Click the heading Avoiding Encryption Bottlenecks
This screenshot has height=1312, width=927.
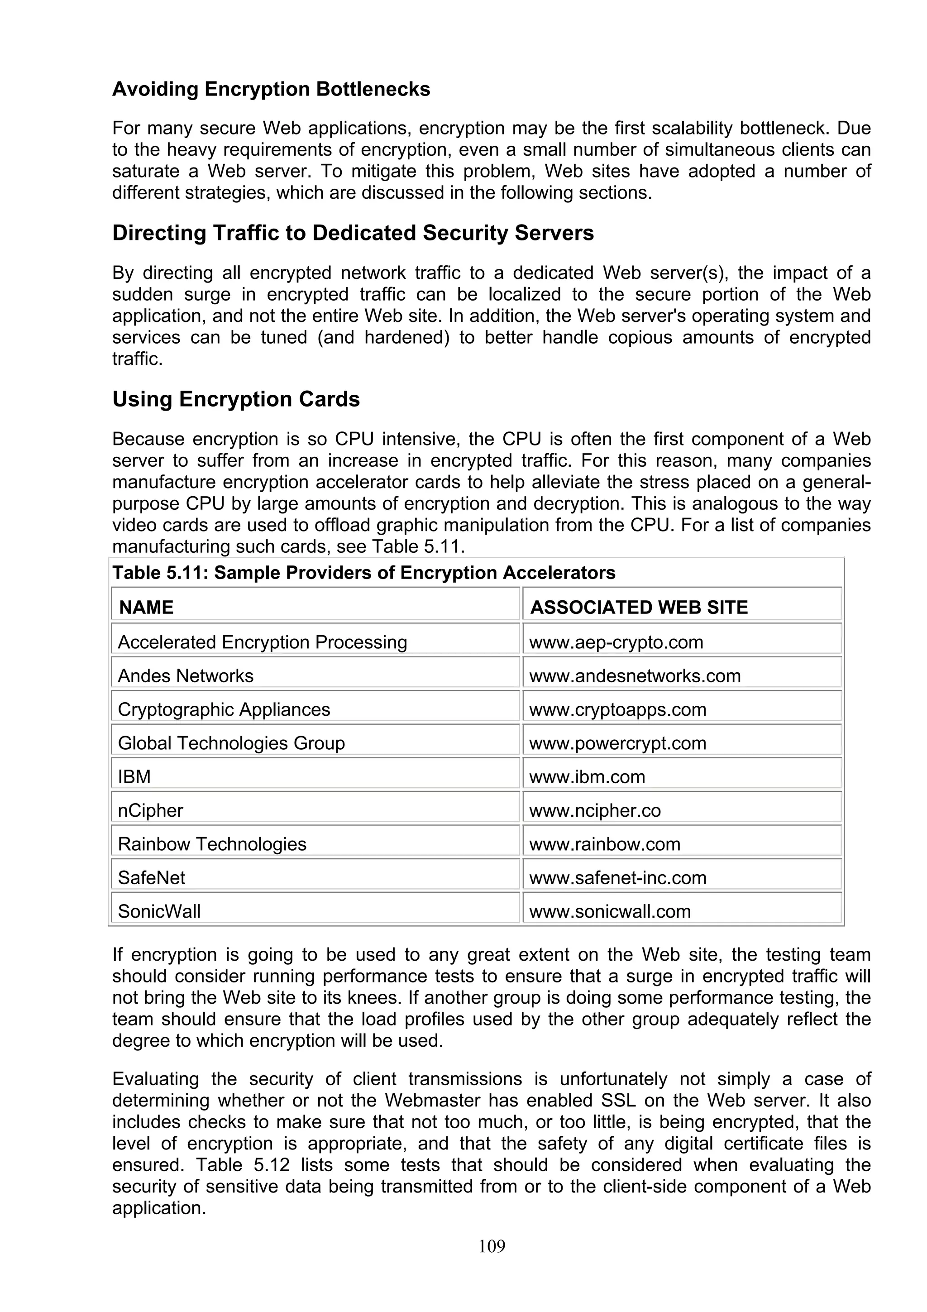click(271, 89)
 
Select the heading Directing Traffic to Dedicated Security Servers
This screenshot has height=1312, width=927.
click(353, 233)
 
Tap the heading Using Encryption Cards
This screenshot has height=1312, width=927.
click(236, 399)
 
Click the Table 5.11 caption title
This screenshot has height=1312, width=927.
click(363, 573)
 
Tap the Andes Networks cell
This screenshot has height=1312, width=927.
click(185, 675)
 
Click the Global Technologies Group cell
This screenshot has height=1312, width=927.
click(231, 743)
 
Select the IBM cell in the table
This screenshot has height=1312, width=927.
click(134, 776)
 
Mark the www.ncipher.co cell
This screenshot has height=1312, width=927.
click(595, 810)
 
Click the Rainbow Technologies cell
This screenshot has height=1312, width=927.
click(212, 844)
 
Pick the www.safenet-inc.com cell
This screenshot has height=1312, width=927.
click(617, 878)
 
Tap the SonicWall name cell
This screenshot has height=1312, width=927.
click(159, 911)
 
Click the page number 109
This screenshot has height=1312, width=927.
click(492, 1246)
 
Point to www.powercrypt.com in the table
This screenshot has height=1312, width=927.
click(617, 743)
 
